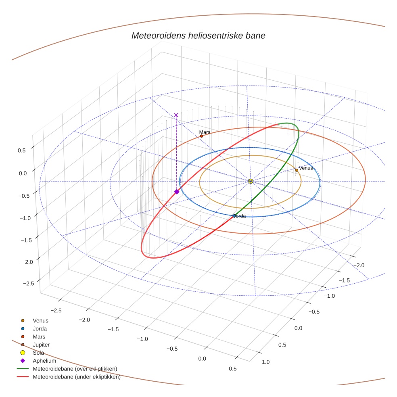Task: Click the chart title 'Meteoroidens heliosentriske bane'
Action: (x=198, y=36)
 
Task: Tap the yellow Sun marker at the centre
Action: (x=251, y=181)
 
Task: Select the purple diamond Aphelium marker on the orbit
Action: (x=177, y=192)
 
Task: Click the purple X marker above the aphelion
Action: (x=176, y=115)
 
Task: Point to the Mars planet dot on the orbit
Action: (x=201, y=136)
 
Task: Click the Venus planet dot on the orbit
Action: (x=297, y=170)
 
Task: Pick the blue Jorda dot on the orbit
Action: (x=234, y=216)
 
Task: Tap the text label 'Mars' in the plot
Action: (x=205, y=132)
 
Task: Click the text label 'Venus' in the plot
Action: (x=305, y=168)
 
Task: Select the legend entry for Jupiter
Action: (x=41, y=345)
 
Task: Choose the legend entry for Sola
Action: (x=38, y=353)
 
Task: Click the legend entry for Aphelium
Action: (x=44, y=361)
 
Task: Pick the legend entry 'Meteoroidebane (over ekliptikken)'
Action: (x=75, y=369)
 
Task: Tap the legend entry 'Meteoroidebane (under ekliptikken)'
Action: (x=76, y=377)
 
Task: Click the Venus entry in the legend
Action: (x=40, y=320)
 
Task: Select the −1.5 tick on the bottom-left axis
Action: (x=114, y=329)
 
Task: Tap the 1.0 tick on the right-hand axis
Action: (x=265, y=362)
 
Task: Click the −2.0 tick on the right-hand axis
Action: (x=358, y=265)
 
